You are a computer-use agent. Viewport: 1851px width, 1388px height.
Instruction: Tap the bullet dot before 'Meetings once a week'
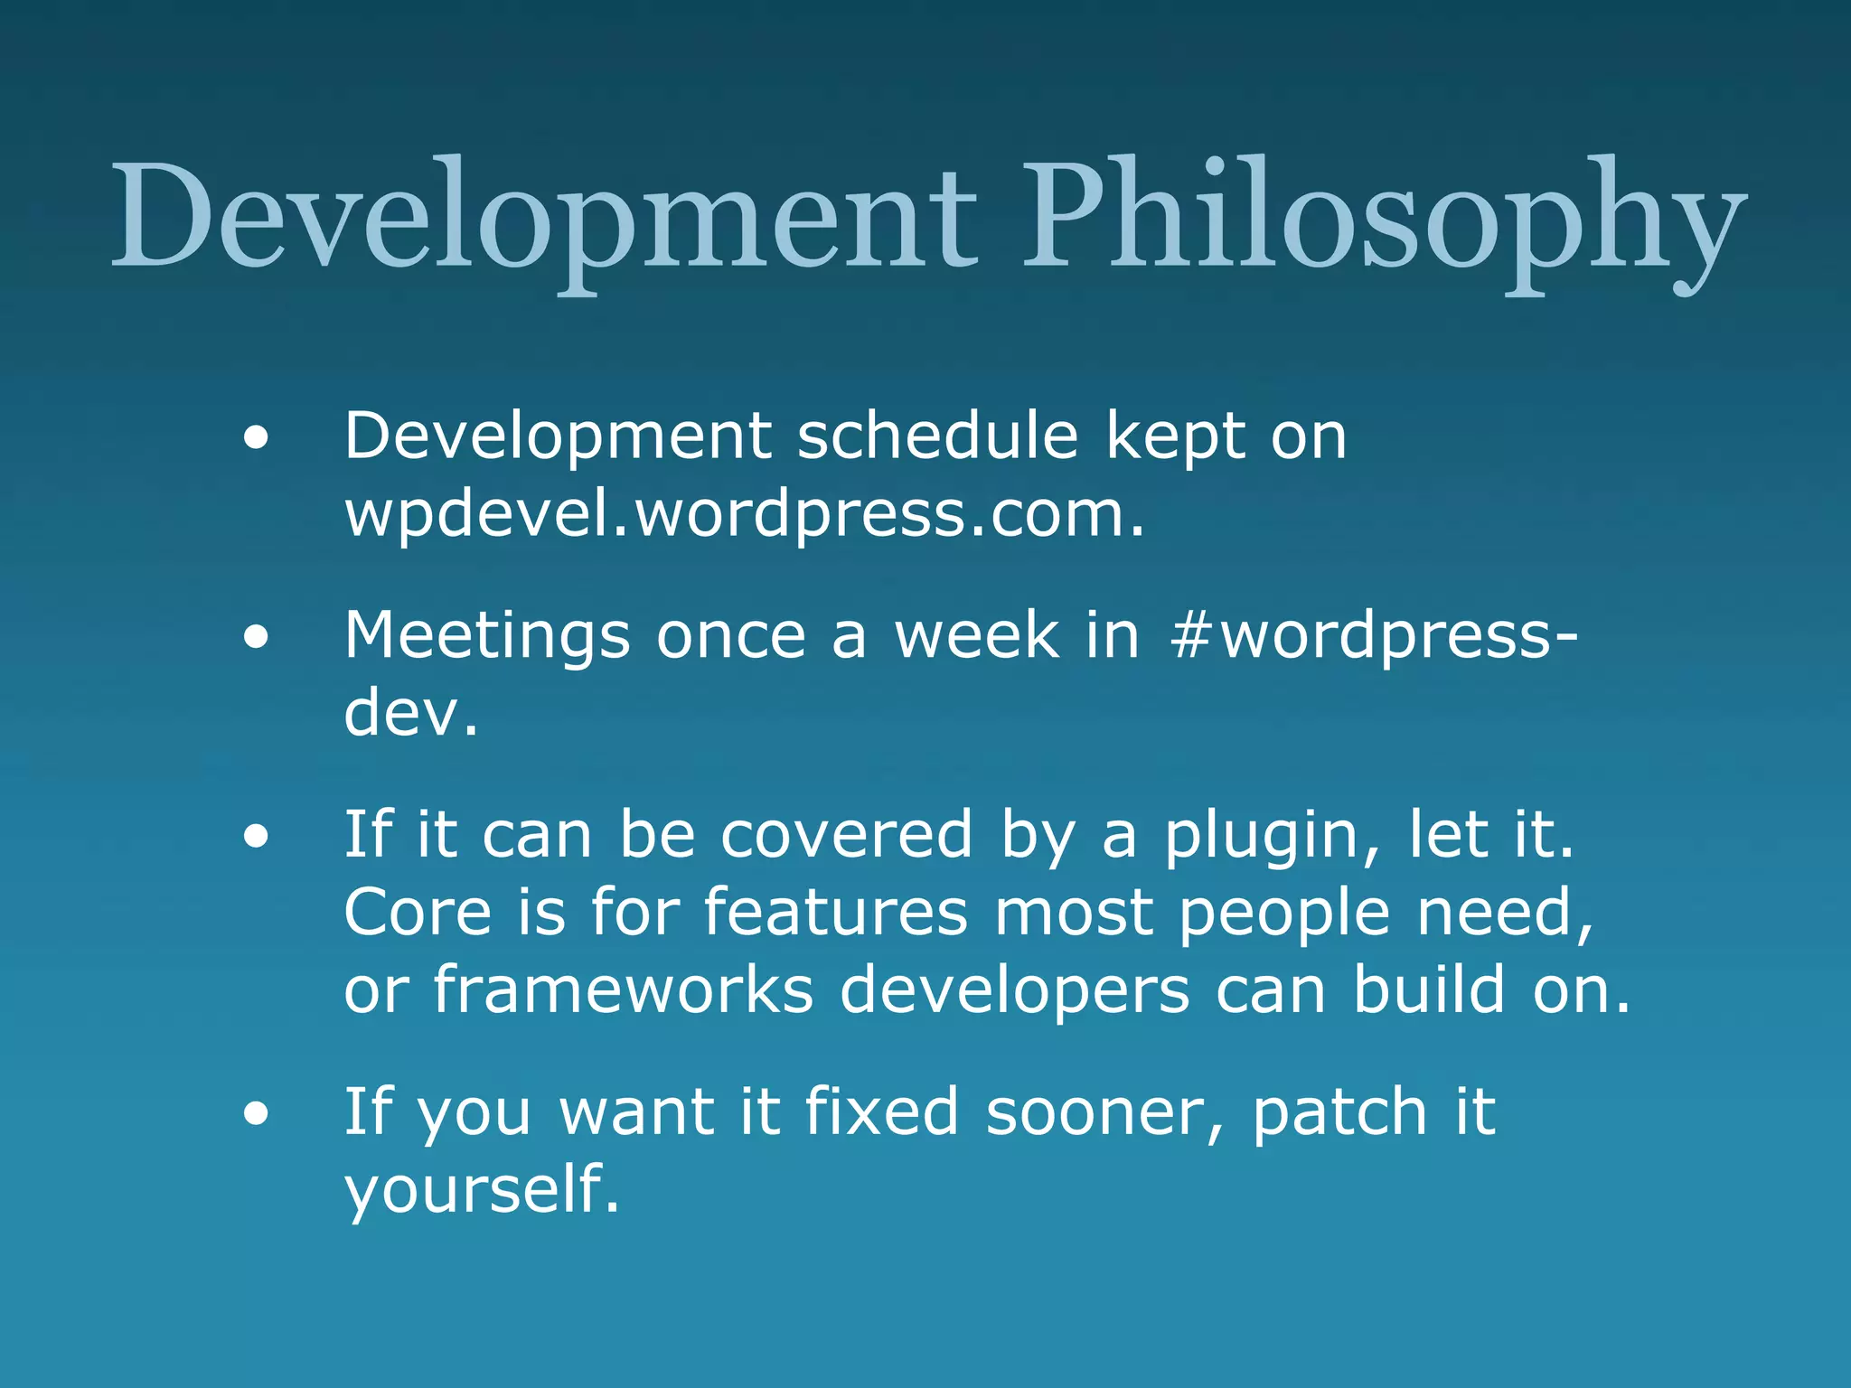[256, 638]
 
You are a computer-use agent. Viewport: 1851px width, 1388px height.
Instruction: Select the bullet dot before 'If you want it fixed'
[256, 1114]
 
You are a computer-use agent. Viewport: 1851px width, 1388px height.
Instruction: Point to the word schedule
[937, 436]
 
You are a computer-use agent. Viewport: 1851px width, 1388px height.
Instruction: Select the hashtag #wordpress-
[1373, 636]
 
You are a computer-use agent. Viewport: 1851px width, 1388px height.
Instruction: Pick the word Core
[418, 913]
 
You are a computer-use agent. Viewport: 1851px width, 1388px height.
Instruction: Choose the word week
[976, 636]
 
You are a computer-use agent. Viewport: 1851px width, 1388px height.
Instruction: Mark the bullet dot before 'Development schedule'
[256, 439]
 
